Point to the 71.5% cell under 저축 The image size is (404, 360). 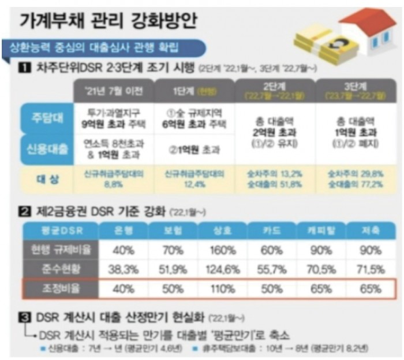(x=369, y=269)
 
